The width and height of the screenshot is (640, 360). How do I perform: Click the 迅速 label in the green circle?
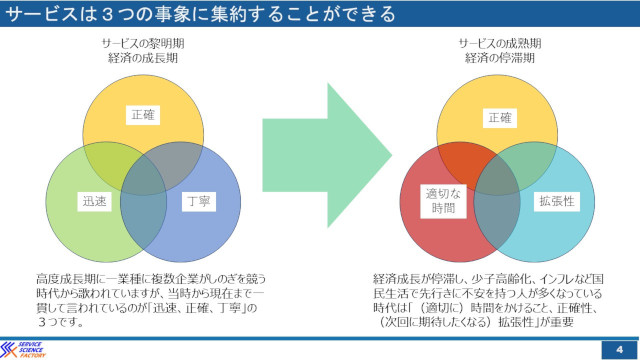click(94, 202)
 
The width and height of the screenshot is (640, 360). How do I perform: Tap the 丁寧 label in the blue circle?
click(199, 202)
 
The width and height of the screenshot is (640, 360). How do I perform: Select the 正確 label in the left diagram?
click(143, 115)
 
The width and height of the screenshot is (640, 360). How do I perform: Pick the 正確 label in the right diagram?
click(500, 118)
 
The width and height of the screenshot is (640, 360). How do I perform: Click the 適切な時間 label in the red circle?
click(443, 201)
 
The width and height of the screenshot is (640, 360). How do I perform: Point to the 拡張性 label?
click(557, 201)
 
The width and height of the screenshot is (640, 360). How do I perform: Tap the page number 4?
click(620, 350)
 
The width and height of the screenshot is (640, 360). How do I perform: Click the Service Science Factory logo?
click(23, 350)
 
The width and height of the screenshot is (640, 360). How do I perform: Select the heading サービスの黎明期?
click(143, 43)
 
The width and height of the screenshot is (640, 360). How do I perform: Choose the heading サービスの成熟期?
click(500, 43)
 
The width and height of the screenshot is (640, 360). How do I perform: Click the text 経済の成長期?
click(143, 58)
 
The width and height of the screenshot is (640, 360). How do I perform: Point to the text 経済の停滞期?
click(500, 58)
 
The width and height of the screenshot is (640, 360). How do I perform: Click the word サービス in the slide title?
click(42, 14)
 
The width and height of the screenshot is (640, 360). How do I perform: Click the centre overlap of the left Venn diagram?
click(144, 176)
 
